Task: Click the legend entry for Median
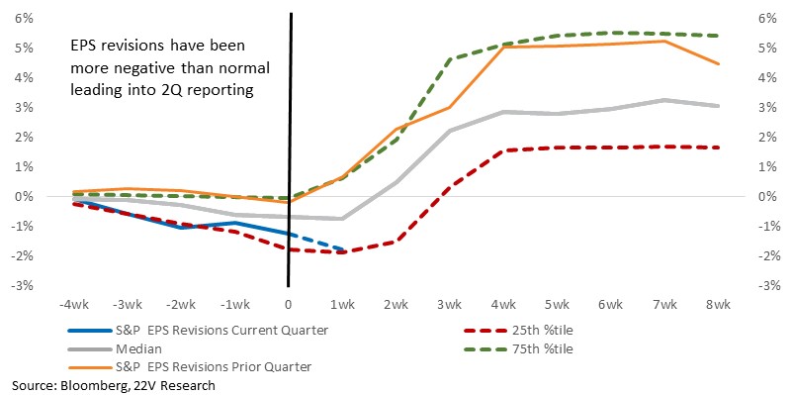pyautogui.click(x=115, y=349)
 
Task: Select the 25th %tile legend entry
pyautogui.click(x=518, y=331)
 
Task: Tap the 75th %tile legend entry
pyautogui.click(x=518, y=349)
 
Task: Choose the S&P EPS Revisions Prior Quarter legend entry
pyautogui.click(x=190, y=366)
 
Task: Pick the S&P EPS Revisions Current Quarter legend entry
pyautogui.click(x=198, y=331)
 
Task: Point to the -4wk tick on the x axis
pyautogui.click(x=74, y=305)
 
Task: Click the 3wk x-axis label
pyautogui.click(x=450, y=305)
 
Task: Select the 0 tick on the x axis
pyautogui.click(x=289, y=305)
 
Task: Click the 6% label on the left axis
pyautogui.click(x=26, y=19)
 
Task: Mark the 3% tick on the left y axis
pyautogui.click(x=26, y=108)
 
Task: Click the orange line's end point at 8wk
pyautogui.click(x=719, y=63)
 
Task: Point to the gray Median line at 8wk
pyautogui.click(x=719, y=106)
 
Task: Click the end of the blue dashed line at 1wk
pyautogui.click(x=343, y=249)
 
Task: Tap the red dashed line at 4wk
pyautogui.click(x=503, y=150)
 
